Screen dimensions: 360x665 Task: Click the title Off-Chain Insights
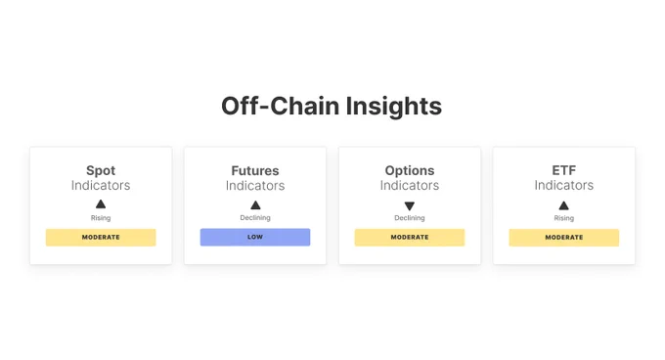coord(332,106)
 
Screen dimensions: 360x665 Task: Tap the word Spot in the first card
coord(101,170)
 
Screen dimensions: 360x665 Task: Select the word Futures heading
coord(255,170)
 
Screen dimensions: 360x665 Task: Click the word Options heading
coord(410,170)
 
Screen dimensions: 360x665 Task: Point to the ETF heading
coord(564,170)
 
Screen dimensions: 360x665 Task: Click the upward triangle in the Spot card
coord(101,204)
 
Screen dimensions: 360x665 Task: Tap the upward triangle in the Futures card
coord(255,204)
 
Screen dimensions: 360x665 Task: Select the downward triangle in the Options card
coord(410,205)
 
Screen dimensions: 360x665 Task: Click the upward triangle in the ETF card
coord(564,204)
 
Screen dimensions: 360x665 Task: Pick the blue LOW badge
coord(255,237)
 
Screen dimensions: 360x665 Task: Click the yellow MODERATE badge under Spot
coord(101,237)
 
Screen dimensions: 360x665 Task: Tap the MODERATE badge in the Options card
coord(410,237)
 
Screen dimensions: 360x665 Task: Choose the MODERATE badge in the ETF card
coord(564,237)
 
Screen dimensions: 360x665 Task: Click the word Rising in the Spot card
coord(101,218)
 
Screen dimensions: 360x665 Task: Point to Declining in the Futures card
coord(255,218)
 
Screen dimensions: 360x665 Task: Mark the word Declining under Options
coord(410,218)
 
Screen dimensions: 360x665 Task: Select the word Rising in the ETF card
coord(564,218)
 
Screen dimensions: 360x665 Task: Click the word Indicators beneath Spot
coord(101,185)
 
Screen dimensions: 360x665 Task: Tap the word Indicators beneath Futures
coord(255,185)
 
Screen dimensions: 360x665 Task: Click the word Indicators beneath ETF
coord(564,185)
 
